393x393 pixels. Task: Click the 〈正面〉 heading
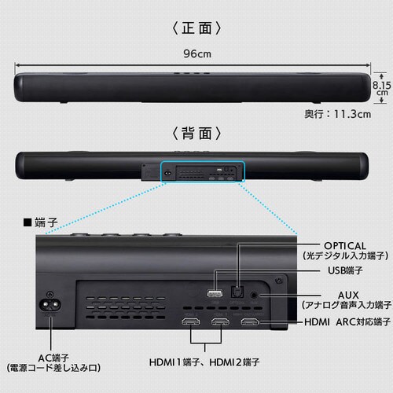click(x=196, y=28)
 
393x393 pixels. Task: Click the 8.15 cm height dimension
click(x=381, y=86)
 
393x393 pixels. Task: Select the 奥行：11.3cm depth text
click(x=337, y=113)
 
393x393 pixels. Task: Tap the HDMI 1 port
click(x=191, y=324)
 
